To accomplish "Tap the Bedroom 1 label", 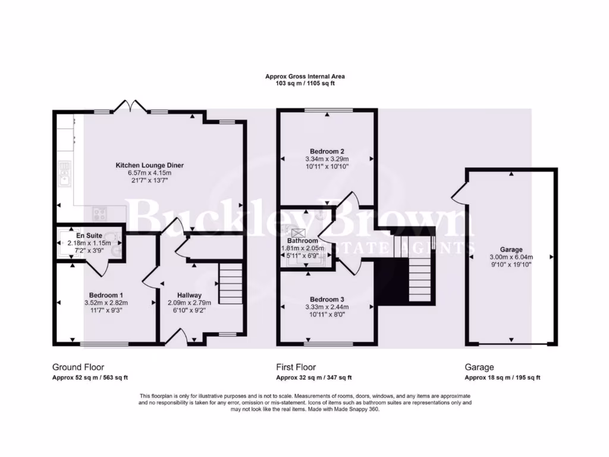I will click(106, 295).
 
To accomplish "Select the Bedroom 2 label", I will click(327, 151).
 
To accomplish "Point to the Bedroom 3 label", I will click(327, 299).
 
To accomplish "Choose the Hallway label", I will click(189, 295).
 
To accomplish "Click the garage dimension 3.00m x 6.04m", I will click(511, 257).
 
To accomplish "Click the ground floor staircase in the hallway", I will click(230, 284).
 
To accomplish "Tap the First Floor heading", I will click(296, 367).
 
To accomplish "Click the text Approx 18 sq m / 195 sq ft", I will click(502, 377).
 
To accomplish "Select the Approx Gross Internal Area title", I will click(304, 76).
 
